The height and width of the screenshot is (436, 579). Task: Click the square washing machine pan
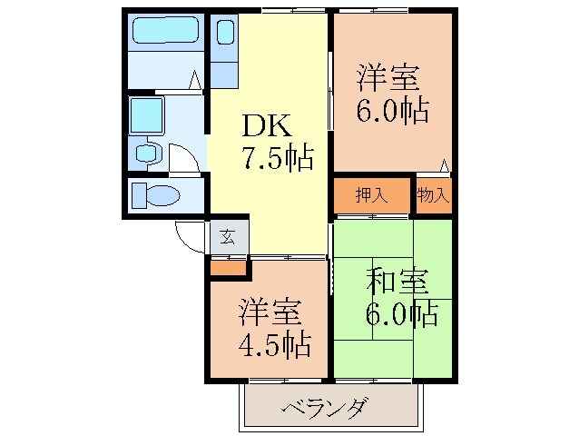(x=145, y=115)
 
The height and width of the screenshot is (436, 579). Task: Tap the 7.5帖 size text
(x=278, y=160)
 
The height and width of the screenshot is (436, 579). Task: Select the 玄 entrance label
(x=228, y=238)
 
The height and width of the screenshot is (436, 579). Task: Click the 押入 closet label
(x=371, y=194)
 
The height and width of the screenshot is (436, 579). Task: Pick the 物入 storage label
(x=432, y=194)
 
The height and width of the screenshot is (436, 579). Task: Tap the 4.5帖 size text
(x=274, y=346)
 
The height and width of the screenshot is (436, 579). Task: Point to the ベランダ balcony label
(x=323, y=407)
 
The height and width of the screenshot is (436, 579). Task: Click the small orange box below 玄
(x=228, y=267)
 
